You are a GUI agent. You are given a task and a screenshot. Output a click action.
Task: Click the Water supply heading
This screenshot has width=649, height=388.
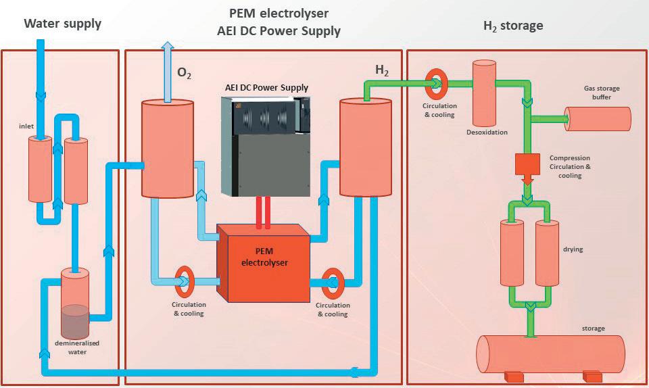(63, 24)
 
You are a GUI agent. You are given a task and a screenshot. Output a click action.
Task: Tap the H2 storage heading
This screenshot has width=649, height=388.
(513, 26)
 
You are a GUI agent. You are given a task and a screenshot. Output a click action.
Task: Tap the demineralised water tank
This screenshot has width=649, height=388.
(74, 304)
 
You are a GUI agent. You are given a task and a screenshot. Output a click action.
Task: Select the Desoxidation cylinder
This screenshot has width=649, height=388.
(484, 93)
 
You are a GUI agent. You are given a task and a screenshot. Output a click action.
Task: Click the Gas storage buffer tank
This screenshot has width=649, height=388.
(598, 118)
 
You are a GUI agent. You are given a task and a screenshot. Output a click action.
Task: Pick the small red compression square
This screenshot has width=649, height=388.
(527, 164)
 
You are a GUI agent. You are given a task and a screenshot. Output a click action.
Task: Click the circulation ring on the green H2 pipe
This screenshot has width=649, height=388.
(435, 83)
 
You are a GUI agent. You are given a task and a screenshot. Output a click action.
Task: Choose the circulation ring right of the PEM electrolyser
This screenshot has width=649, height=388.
(332, 284)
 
